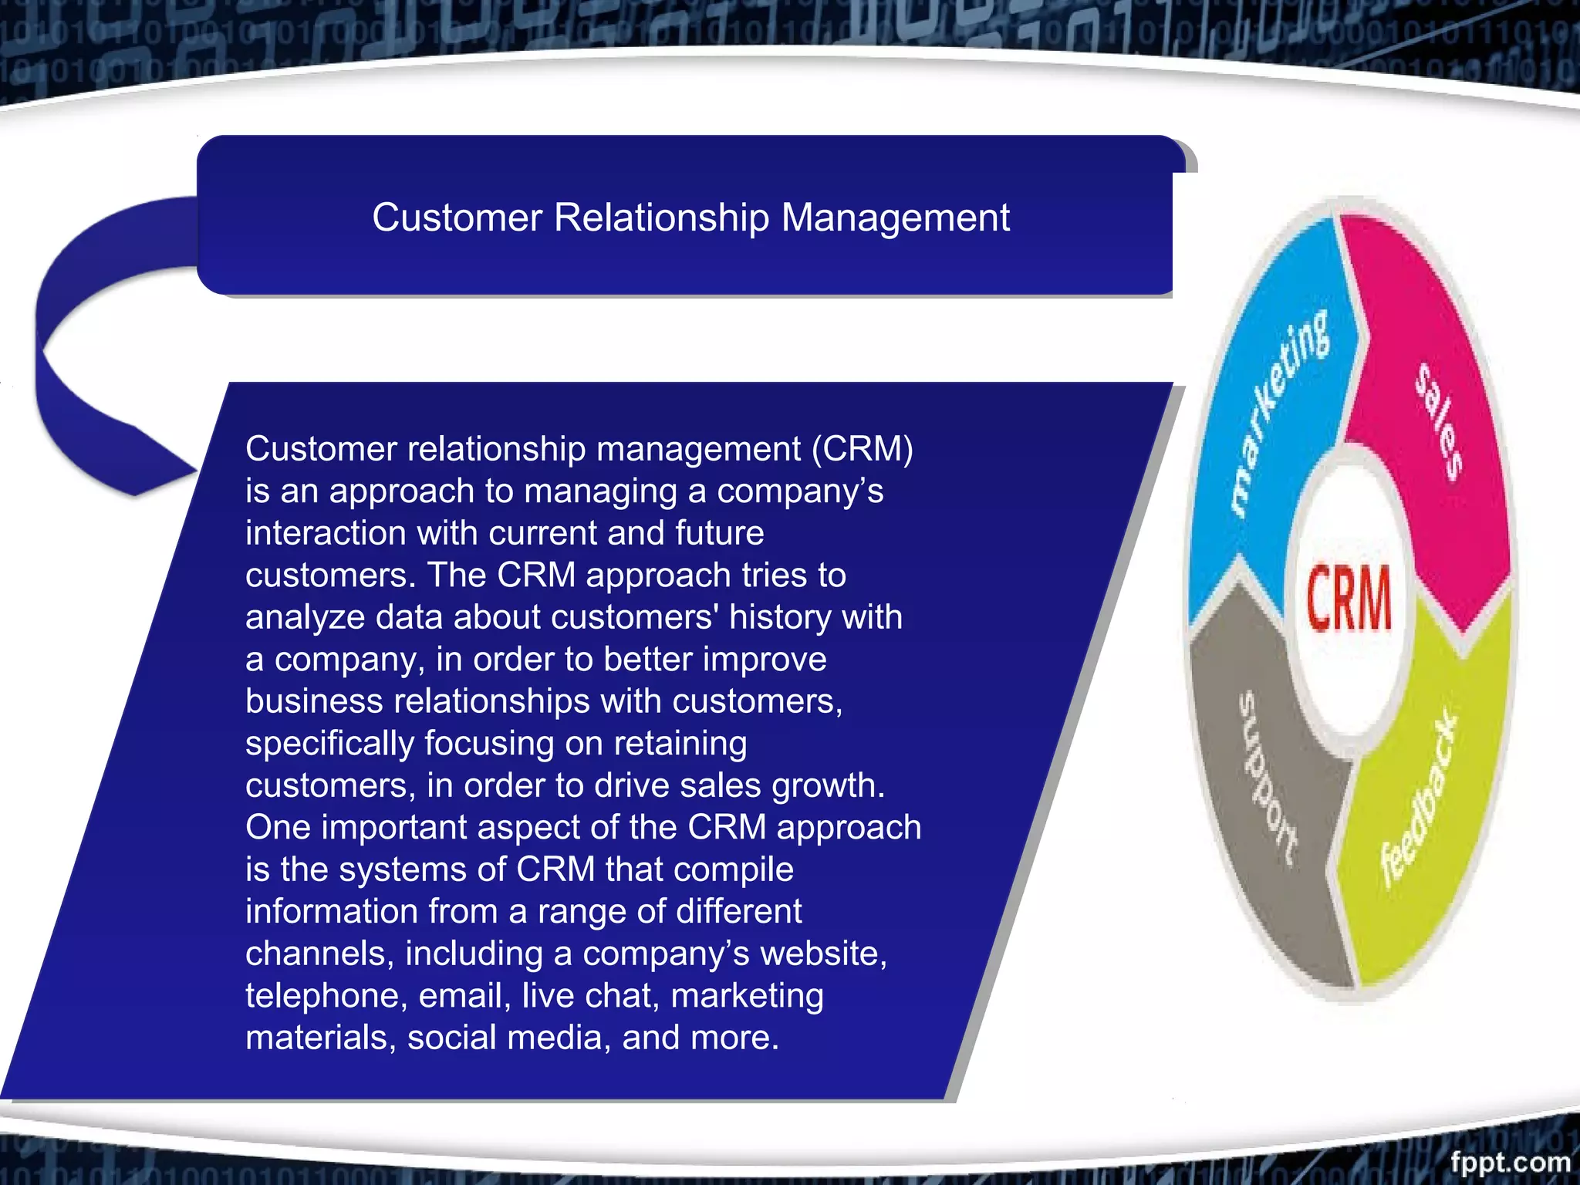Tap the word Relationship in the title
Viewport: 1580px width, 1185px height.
[661, 218]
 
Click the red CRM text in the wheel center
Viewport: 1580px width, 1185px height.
[1349, 598]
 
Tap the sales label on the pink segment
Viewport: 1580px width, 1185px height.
[1440, 421]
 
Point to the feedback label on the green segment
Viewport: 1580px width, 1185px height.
[1420, 798]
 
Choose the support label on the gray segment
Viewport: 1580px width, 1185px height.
[1268, 779]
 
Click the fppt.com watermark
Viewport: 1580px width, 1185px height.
[1509, 1162]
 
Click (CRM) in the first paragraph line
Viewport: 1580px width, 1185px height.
[862, 449]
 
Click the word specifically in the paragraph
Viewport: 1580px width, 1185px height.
[329, 744]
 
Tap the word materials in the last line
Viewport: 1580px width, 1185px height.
[320, 1038]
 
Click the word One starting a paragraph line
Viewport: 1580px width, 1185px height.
[278, 827]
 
